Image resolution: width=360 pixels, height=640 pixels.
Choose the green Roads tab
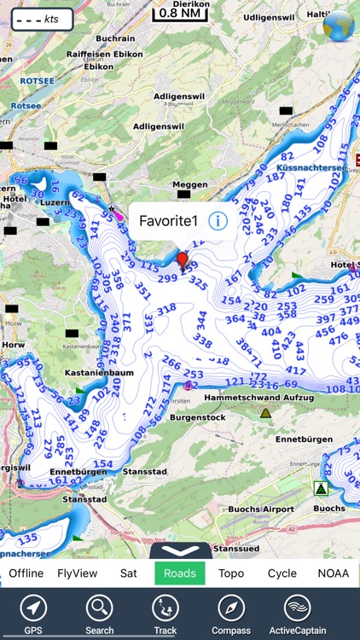(179, 573)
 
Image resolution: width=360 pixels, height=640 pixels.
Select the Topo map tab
(231, 573)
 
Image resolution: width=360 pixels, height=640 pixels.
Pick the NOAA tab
(333, 573)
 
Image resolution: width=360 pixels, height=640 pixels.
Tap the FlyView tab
(77, 573)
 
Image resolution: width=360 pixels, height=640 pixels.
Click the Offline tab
(26, 573)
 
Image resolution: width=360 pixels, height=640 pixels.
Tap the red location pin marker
(182, 259)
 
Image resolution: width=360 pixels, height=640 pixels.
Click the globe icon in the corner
(338, 26)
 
